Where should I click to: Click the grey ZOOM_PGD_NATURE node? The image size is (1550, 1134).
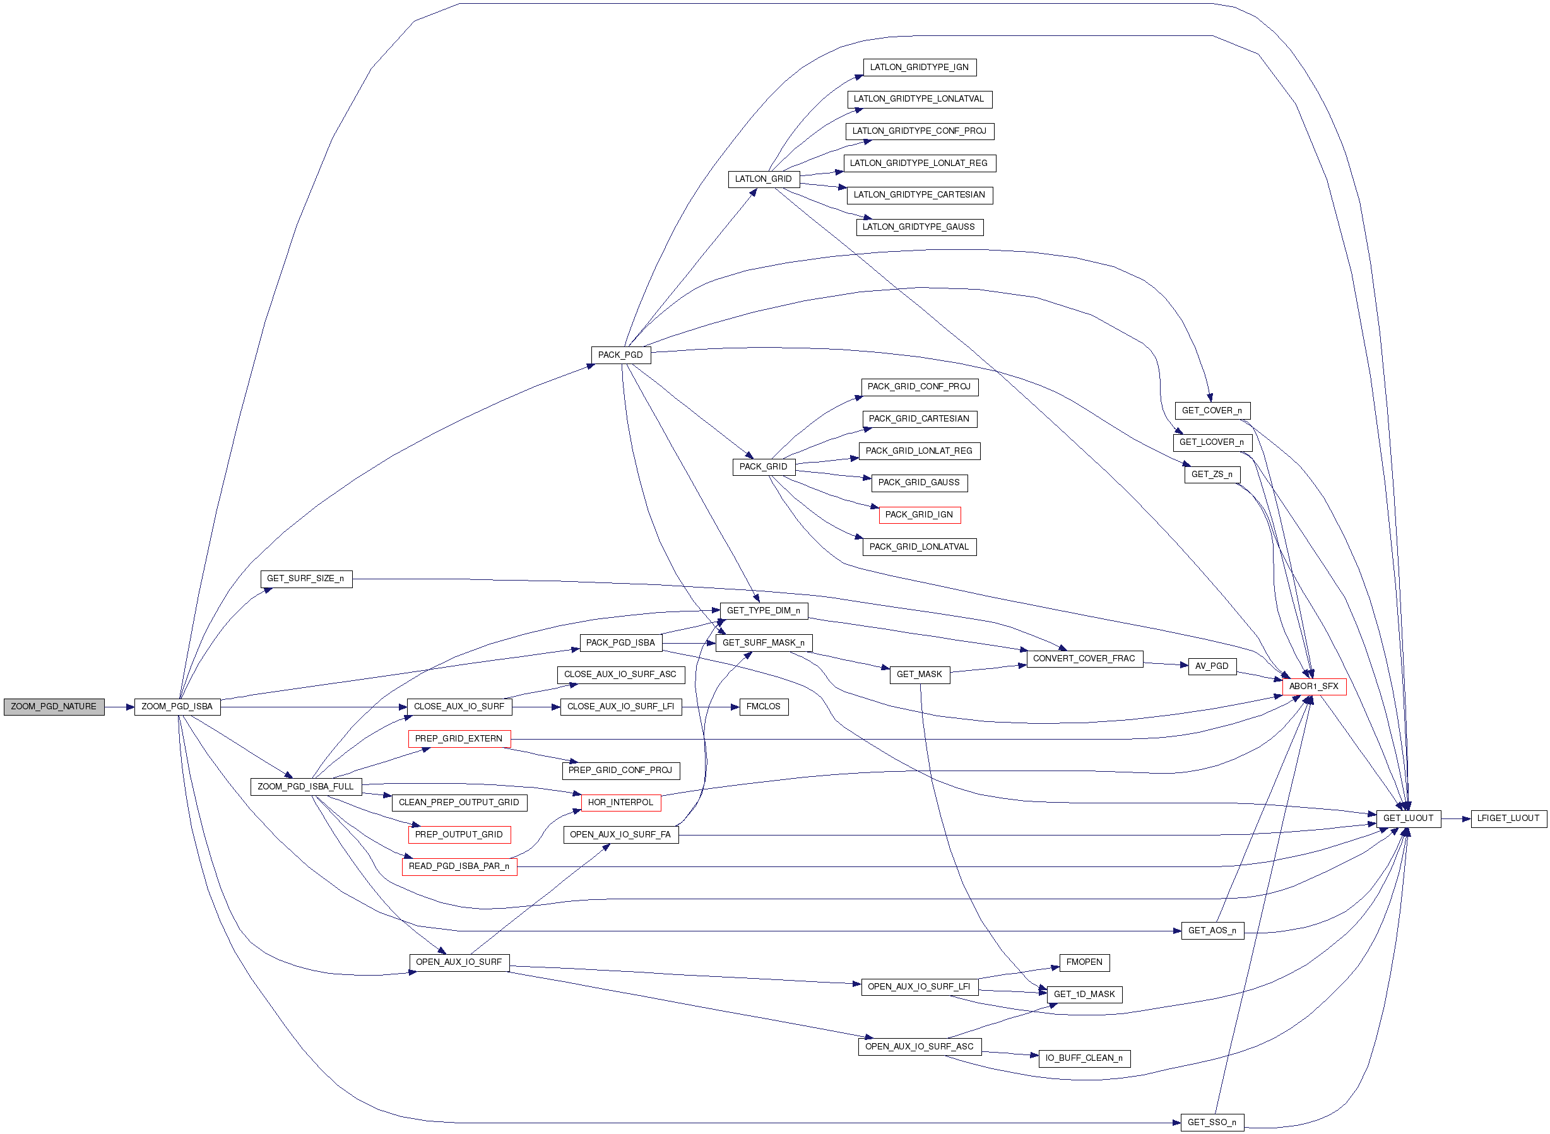(54, 706)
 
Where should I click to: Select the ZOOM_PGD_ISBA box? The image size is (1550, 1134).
(177, 706)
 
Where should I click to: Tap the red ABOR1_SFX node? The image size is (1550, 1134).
(1313, 686)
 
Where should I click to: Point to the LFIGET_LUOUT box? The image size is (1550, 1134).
(1508, 818)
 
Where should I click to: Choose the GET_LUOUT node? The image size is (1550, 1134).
(1408, 818)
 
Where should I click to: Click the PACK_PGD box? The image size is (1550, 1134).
(620, 355)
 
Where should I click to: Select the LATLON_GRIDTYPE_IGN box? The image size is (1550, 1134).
(919, 68)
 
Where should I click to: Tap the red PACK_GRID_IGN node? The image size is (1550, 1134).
(919, 514)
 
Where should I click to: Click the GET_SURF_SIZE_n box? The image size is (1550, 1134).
(305, 579)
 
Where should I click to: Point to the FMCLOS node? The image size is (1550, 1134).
(764, 706)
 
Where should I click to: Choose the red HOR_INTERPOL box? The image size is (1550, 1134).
(620, 802)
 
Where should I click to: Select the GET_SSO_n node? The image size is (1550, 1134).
(1212, 1123)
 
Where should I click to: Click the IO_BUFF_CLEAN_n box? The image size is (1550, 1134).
(1084, 1058)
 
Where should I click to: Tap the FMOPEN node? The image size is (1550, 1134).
(1084, 962)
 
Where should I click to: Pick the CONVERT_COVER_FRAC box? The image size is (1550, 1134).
(1084, 658)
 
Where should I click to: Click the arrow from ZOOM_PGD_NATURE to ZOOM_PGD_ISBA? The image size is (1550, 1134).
(119, 706)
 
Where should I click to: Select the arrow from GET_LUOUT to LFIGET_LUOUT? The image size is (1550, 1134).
(1455, 818)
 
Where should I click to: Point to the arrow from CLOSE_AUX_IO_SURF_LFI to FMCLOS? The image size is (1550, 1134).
(711, 706)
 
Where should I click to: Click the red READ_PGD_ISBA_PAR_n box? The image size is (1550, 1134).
(459, 866)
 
